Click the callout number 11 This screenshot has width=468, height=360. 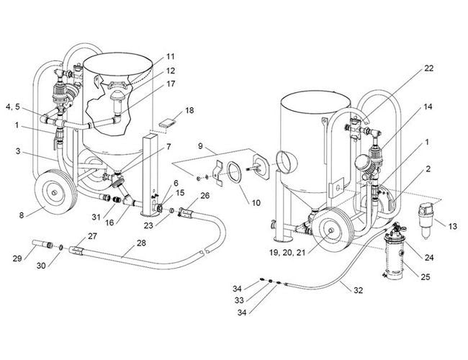[170, 56]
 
